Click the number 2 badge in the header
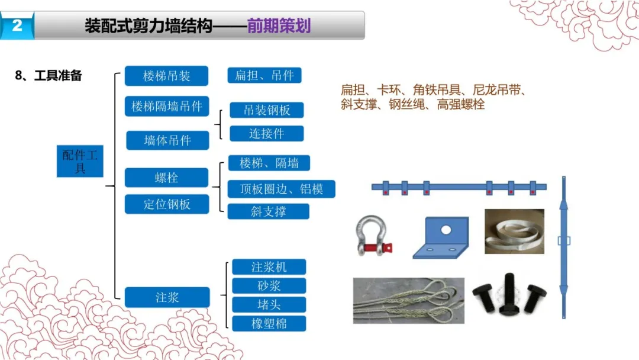pyautogui.click(x=17, y=26)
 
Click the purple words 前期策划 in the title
pyautogui.click(x=279, y=26)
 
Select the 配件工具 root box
pyautogui.click(x=80, y=160)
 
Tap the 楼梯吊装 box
pyautogui.click(x=167, y=76)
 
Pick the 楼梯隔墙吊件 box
pyautogui.click(x=167, y=107)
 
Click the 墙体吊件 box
pyautogui.click(x=167, y=140)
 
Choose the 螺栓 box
pyautogui.click(x=166, y=178)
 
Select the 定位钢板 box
pyautogui.click(x=167, y=204)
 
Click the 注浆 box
pyautogui.click(x=167, y=297)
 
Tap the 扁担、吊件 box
pyautogui.click(x=264, y=75)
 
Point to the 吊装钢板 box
pyautogui.click(x=267, y=110)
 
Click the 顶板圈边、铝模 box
pyautogui.click(x=281, y=189)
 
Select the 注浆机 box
pyautogui.click(x=269, y=267)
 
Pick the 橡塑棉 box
pyautogui.click(x=269, y=323)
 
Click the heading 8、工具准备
pyautogui.click(x=48, y=76)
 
